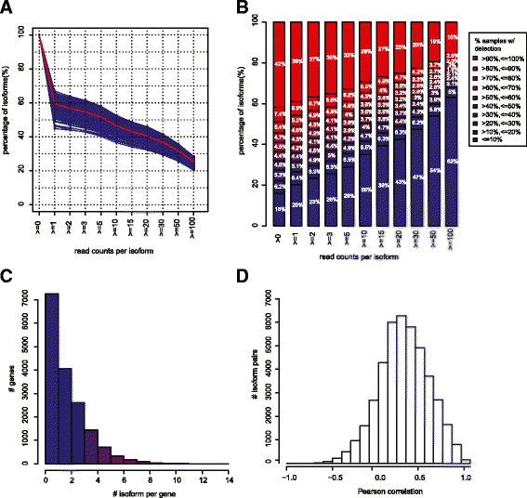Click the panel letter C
(7, 276)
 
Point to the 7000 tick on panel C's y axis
(33, 295)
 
